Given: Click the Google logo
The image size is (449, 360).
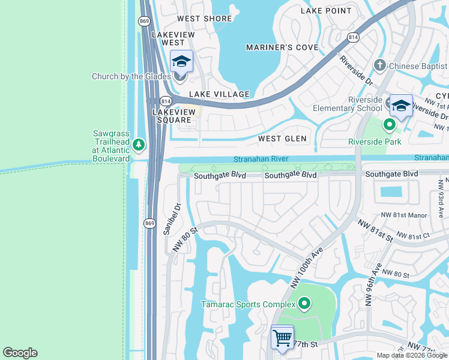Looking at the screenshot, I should coord(20,353).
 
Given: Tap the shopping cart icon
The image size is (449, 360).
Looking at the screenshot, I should coord(282,337).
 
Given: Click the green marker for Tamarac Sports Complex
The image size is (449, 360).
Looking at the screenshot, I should coord(304,304).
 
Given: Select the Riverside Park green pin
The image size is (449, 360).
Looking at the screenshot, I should coord(389,125).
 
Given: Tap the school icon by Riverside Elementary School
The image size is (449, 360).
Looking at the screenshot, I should coord(401,106).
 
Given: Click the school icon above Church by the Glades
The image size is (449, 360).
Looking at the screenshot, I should coord(181,61).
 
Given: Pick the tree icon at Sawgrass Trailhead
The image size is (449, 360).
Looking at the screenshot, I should coord(139,145).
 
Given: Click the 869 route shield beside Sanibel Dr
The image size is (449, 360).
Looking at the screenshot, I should coord(149,223).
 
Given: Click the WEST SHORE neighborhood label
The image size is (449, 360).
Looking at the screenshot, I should coord(205,19).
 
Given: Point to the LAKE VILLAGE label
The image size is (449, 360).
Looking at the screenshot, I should coord(219,94).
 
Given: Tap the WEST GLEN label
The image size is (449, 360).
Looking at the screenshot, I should coord(282,139).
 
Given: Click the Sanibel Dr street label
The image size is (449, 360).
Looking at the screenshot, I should coord(173,220).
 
